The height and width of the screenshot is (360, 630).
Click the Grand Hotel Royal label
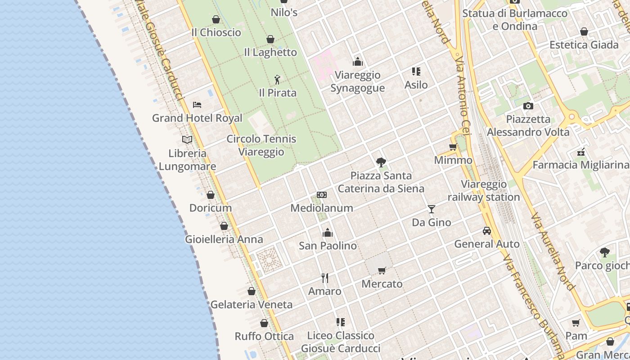pos(197,118)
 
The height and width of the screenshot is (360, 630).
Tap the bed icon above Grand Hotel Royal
pos(197,105)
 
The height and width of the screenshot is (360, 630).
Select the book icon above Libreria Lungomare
pos(187,139)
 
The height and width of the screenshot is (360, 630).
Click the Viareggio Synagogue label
pos(358,81)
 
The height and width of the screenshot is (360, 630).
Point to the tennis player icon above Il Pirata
pos(277,80)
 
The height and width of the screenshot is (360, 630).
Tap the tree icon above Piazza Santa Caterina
pos(381,162)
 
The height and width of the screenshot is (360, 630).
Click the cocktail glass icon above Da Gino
pos(432,209)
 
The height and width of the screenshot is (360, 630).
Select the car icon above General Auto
pos(487,231)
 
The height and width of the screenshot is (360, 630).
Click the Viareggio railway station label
pos(484,191)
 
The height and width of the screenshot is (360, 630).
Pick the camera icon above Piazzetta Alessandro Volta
pos(528,106)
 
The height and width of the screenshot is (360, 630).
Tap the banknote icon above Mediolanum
pos(322,195)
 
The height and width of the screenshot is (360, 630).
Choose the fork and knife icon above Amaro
pos(325,278)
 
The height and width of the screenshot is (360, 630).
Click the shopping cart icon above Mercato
pos(382,270)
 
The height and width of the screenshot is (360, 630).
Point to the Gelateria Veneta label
pos(252,305)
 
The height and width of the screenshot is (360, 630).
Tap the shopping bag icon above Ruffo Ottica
pos(264,323)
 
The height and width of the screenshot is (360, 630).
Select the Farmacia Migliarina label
pos(580,165)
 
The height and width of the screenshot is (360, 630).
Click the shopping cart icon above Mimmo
pos(453,147)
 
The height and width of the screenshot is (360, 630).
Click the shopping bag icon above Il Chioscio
pos(216,19)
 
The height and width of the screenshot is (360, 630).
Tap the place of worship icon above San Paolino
pos(328,233)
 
